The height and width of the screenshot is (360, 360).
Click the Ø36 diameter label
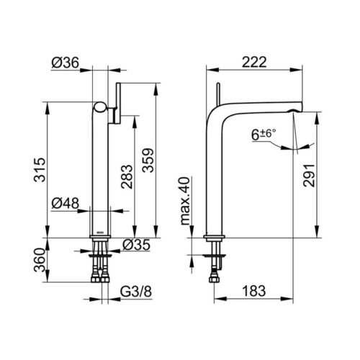coord(65,63)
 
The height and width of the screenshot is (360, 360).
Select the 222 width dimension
coord(254,62)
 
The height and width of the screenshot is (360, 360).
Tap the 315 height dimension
coord(40,170)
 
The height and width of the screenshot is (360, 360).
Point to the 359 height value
coord(148,161)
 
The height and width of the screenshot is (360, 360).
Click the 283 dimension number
coord(127,176)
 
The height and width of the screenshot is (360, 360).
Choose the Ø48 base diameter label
coord(65,204)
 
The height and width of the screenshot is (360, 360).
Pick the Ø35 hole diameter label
coord(136,245)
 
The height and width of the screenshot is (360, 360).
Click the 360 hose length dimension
coord(40,260)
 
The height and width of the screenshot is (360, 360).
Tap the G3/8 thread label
coord(136,292)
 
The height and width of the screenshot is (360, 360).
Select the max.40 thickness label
coord(185,201)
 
